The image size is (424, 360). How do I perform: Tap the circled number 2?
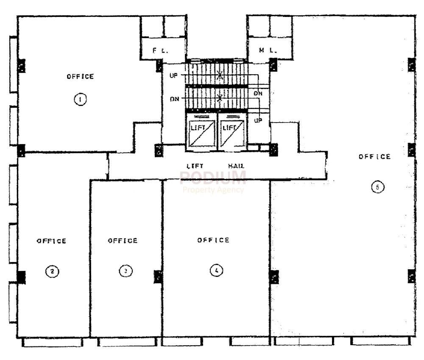pyautogui.click(x=51, y=271)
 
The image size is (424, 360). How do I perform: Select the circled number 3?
pyautogui.click(x=125, y=271)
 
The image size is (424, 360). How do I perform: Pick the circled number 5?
pyautogui.click(x=377, y=186)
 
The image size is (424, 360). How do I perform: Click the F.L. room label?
pyautogui.click(x=161, y=50)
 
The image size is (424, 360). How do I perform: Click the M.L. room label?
pyautogui.click(x=268, y=50)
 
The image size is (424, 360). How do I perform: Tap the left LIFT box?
pyautogui.click(x=201, y=132)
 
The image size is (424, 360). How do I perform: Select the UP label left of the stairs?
pyautogui.click(x=174, y=75)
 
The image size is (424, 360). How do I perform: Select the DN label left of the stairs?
pyautogui.click(x=174, y=99)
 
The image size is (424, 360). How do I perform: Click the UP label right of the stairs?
pyautogui.click(x=258, y=120)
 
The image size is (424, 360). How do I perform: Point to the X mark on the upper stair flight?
pyautogui.click(x=220, y=76)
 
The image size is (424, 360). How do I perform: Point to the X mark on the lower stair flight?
pyautogui.click(x=220, y=98)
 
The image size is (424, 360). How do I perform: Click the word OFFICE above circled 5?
pyautogui.click(x=374, y=156)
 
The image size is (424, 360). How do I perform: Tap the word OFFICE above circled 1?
pyautogui.click(x=80, y=76)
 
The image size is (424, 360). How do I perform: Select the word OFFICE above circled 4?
pyautogui.click(x=213, y=240)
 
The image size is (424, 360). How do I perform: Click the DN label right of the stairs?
pyautogui.click(x=257, y=93)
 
